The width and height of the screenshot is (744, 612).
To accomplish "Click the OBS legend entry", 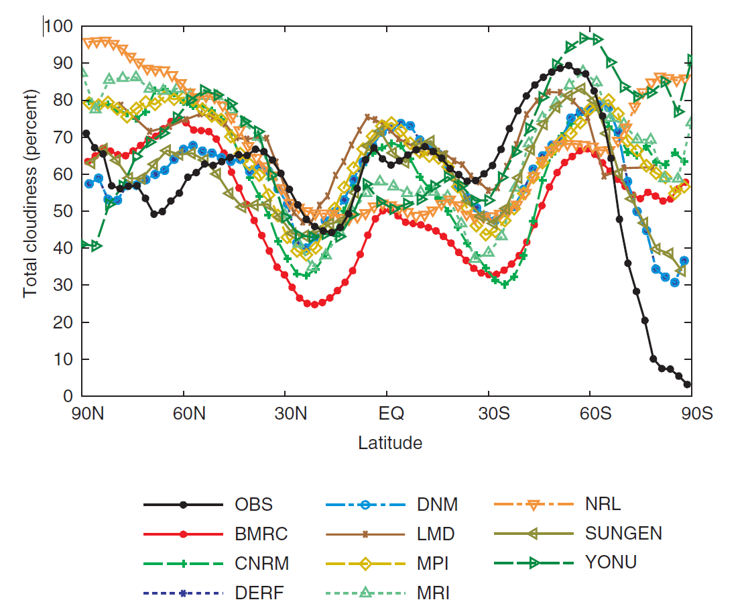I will click(x=254, y=505).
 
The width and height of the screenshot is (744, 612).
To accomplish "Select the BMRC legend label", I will click(x=261, y=534).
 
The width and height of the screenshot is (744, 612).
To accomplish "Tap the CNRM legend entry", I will click(x=262, y=564).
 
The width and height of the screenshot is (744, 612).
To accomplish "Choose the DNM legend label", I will click(x=433, y=505).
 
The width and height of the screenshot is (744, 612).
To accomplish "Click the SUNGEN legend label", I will click(x=623, y=534).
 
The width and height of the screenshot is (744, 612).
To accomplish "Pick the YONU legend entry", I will click(x=611, y=564).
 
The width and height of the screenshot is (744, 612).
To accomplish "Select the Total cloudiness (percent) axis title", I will click(x=30, y=194).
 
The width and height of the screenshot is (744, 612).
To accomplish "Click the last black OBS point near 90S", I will click(x=687, y=384).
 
